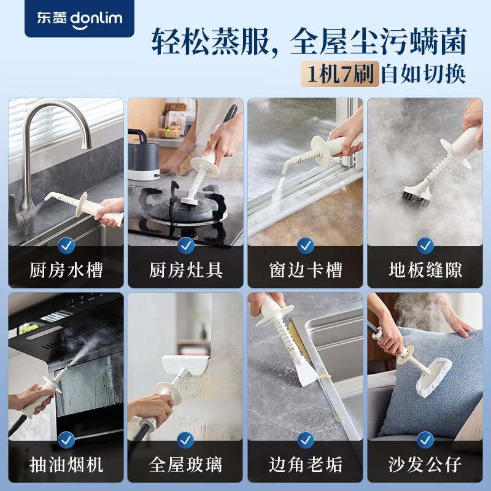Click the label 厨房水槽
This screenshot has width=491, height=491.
tap(66, 269)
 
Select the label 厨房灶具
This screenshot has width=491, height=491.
tap(186, 269)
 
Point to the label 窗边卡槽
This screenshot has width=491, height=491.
tap(306, 269)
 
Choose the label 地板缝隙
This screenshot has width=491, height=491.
tap(425, 269)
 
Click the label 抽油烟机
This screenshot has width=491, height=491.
tap(66, 463)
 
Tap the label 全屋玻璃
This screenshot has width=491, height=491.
tap(186, 463)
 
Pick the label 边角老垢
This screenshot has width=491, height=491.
tap(306, 463)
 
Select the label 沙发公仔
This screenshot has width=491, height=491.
tap(425, 463)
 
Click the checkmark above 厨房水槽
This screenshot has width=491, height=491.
tap(66, 246)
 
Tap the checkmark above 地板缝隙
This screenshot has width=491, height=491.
tap(425, 246)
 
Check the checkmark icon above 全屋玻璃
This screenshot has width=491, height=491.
tap(186, 439)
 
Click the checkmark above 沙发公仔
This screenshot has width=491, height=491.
tap(425, 439)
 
